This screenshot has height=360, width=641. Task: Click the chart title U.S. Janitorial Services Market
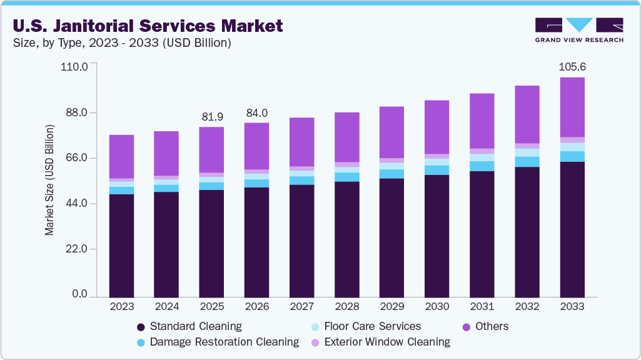point(147,26)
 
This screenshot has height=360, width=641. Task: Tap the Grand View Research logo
point(578,30)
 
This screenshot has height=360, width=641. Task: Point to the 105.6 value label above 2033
point(572,67)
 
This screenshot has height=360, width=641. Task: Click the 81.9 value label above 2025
point(212,117)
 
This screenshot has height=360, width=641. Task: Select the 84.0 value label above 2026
point(257,113)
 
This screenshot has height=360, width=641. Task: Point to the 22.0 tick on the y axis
point(75,249)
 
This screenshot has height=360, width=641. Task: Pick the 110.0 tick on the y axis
point(73,66)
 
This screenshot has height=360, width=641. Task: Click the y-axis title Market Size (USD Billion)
point(49,180)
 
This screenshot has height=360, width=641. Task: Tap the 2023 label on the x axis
point(121,307)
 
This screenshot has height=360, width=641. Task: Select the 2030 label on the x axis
point(437,307)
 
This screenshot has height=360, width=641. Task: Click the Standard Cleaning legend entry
point(189,326)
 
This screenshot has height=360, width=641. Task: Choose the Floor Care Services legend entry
point(365,326)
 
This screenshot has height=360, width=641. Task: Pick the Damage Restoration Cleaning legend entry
point(218,342)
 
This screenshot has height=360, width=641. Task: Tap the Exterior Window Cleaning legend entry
point(380,342)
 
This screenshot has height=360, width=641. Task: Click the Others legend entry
point(485,326)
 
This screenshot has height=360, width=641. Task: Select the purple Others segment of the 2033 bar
point(572,107)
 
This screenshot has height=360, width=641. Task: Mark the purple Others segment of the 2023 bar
point(121,156)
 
